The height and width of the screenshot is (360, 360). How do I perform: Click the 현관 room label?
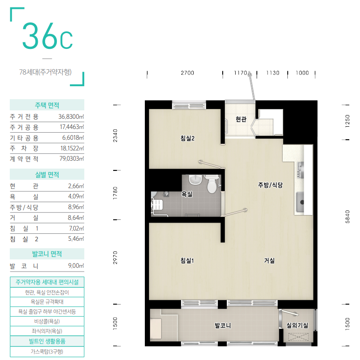click(x=241, y=119)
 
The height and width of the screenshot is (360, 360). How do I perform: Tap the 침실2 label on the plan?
click(x=187, y=138)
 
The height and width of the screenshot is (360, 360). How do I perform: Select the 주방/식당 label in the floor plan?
click(x=270, y=185)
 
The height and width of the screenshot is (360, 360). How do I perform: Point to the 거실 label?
click(x=269, y=260)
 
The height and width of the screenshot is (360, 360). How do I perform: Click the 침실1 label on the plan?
click(x=187, y=260)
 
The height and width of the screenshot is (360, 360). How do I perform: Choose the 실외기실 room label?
click(x=297, y=325)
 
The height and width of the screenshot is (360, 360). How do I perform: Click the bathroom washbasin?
click(x=196, y=180)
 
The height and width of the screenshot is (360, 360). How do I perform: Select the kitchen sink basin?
click(x=300, y=202)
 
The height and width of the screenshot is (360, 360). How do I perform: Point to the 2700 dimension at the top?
click(x=187, y=73)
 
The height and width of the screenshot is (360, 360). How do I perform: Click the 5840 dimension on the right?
click(x=347, y=217)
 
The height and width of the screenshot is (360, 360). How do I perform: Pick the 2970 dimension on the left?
click(x=115, y=258)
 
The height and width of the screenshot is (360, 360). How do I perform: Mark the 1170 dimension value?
click(x=240, y=73)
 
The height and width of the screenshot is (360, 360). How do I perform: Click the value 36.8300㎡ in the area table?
click(x=71, y=116)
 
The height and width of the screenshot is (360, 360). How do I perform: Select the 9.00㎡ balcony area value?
click(x=76, y=265)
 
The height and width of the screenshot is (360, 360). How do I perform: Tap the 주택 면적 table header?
click(x=47, y=105)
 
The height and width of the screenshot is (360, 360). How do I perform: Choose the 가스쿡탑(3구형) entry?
click(x=47, y=352)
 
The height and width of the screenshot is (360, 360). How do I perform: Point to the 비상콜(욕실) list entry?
click(x=47, y=321)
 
